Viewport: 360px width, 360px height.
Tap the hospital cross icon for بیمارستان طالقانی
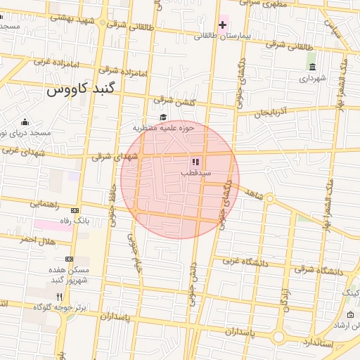pos(223,26)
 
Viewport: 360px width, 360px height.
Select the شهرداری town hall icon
pos(312,67)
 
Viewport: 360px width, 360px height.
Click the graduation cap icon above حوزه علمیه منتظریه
pos(163,117)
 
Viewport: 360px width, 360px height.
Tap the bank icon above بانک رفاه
pos(75,210)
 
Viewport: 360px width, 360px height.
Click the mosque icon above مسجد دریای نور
pos(25,122)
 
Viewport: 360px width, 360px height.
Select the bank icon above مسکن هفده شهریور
pos(69,259)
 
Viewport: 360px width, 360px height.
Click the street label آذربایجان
pos(271,112)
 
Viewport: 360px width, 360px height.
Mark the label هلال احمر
pos(37,240)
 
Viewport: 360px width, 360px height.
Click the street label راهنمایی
pos(45,205)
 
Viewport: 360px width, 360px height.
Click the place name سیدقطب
pos(196,172)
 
